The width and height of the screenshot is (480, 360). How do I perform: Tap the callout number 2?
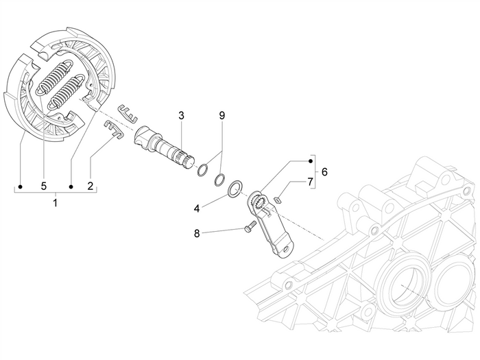point(91,186)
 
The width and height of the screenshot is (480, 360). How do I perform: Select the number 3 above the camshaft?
point(181,116)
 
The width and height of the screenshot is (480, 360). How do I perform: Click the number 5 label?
point(43,186)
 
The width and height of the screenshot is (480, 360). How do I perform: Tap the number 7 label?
point(309,181)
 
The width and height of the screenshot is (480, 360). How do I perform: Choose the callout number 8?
point(197,233)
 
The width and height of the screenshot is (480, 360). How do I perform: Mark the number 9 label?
point(221,116)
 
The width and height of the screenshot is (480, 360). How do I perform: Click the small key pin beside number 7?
point(278,200)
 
